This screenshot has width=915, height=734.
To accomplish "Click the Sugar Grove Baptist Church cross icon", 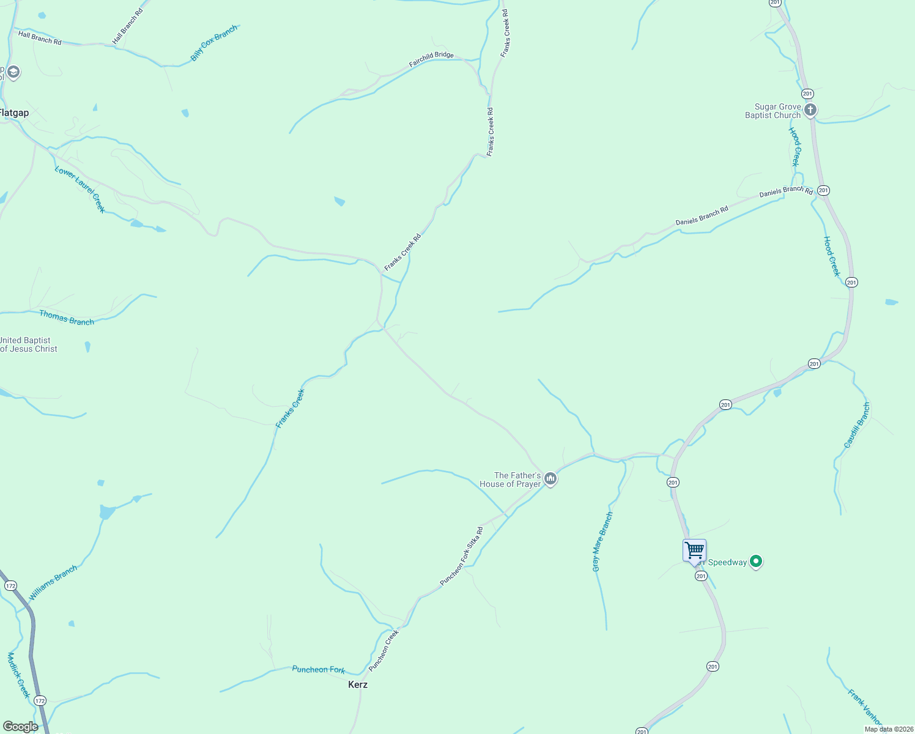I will click(810, 110).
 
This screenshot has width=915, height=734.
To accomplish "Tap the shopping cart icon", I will click(694, 550).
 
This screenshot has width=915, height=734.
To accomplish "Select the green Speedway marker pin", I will click(756, 561).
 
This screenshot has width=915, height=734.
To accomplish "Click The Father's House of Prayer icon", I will click(550, 479).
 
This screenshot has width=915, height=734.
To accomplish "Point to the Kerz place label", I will click(358, 684).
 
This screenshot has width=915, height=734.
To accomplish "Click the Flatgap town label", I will click(14, 113).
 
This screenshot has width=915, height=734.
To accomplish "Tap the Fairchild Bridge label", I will click(431, 59).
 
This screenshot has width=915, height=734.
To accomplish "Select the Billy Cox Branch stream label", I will click(213, 43).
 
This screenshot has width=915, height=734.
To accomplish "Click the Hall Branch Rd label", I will click(40, 38).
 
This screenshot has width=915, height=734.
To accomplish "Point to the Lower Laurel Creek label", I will click(80, 189).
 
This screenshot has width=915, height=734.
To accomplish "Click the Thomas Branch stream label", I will click(67, 317).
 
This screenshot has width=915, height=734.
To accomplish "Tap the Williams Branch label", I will click(53, 582).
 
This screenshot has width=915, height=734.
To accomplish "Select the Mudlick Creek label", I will click(18, 675).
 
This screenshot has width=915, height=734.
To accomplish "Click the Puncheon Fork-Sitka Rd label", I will click(462, 556).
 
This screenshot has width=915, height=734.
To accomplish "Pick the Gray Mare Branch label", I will click(602, 542).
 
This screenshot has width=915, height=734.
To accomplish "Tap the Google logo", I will click(21, 727).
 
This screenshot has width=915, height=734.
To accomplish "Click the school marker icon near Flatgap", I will click(13, 72).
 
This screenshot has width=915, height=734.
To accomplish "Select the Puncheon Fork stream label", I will click(319, 670).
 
